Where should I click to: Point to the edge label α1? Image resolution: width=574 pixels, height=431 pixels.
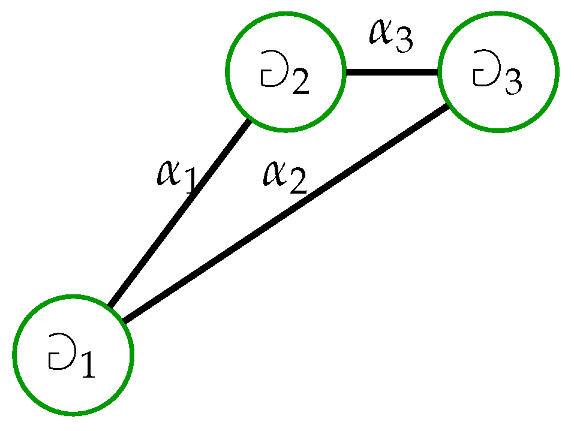(x=175, y=175)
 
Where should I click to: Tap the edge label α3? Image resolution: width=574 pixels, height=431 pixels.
(x=390, y=36)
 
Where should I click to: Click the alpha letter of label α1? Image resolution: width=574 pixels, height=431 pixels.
(x=167, y=173)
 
